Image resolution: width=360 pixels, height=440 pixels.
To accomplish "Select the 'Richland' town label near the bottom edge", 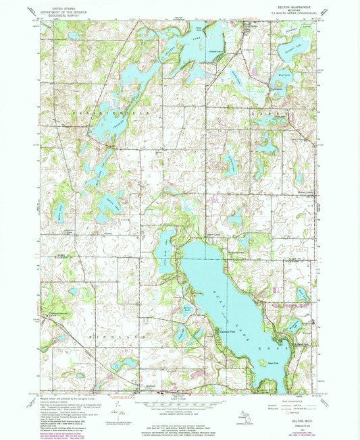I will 153,387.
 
